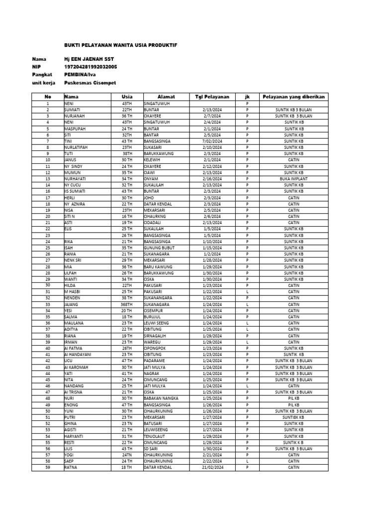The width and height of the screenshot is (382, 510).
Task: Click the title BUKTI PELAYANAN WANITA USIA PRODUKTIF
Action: [x=120, y=45]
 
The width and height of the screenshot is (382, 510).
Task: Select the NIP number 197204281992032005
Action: [x=91, y=66]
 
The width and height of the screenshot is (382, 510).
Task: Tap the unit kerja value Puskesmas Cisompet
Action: [x=90, y=83]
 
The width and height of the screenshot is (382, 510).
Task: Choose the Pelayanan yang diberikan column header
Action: [x=293, y=96]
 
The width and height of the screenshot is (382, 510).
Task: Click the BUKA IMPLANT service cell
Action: [x=293, y=178]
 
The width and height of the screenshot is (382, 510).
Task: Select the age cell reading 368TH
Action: [x=127, y=304]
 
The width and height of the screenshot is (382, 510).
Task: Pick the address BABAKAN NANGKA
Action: [x=160, y=398]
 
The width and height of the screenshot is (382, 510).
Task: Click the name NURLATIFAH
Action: [x=76, y=147]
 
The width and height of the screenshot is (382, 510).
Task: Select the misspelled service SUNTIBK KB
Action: [x=293, y=417]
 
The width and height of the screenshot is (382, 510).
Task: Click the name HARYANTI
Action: [x=75, y=436]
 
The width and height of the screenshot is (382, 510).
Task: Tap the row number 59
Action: [x=48, y=467]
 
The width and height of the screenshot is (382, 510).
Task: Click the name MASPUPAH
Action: [x=74, y=128]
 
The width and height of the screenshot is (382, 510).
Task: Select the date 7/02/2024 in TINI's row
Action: [x=211, y=140]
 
